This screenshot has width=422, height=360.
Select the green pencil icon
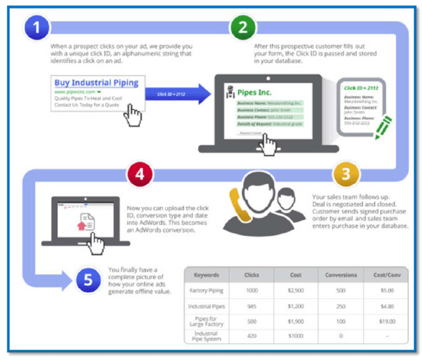coord(382,126)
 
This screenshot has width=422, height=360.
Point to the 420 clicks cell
coord(251,336)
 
